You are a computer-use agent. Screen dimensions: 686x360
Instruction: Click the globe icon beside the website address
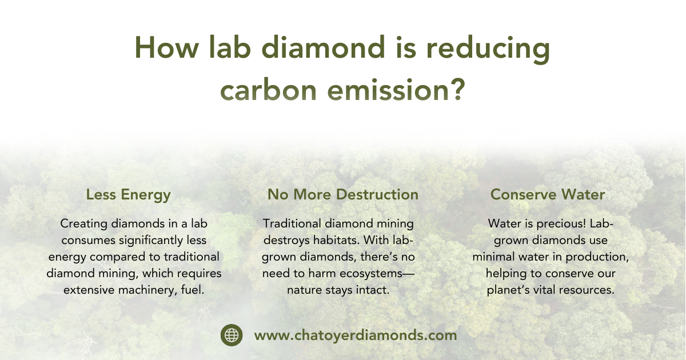232,335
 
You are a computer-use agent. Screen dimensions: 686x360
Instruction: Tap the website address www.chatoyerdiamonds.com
356,335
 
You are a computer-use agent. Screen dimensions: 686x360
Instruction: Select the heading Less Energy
128,195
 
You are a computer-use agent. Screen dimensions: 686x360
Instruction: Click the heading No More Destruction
343,194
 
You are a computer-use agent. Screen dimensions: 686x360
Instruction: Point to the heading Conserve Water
548,194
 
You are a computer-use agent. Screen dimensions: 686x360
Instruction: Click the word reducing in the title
488,49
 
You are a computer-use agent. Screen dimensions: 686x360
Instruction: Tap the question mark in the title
458,89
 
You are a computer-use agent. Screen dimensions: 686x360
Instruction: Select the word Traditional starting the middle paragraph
292,223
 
